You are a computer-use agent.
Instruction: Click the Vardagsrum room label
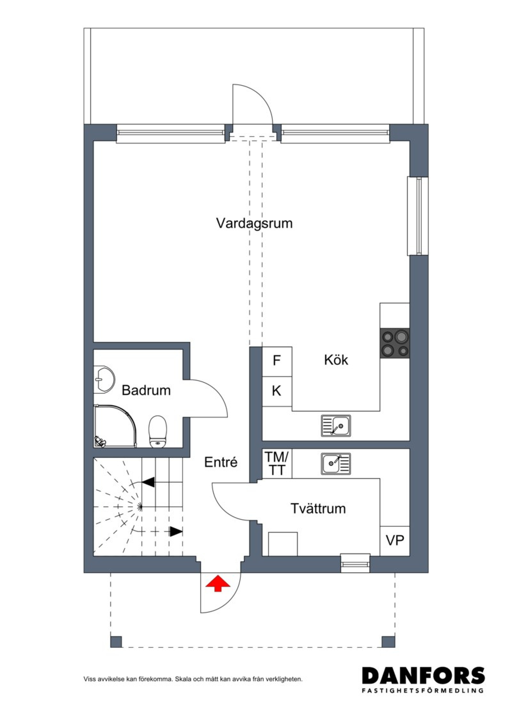(254, 223)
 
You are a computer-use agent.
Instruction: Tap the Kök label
(336, 360)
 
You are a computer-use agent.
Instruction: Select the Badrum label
(146, 390)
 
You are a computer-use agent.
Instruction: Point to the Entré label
(221, 462)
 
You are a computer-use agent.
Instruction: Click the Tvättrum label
(318, 508)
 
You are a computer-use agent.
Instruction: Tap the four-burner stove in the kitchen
(395, 343)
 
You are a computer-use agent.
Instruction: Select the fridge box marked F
(277, 362)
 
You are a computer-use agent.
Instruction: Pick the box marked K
(277, 391)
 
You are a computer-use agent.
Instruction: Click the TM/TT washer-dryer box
(277, 463)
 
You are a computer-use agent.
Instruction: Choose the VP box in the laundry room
(395, 541)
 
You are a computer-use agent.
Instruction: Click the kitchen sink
(336, 426)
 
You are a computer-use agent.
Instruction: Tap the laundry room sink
(336, 463)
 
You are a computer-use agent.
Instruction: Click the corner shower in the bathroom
(115, 426)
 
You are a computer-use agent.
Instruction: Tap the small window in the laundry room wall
(355, 563)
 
